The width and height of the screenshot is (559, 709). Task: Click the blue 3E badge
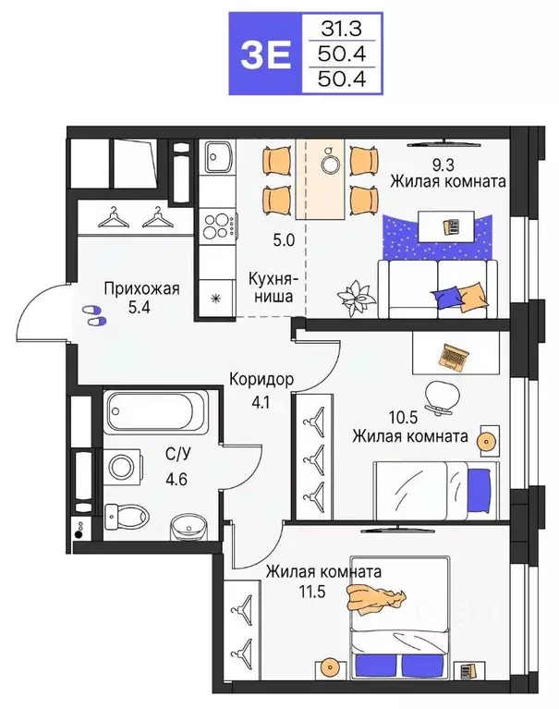click(x=265, y=54)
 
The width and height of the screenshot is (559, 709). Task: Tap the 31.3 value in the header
click(x=336, y=29)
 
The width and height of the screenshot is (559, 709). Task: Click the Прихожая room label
click(x=140, y=287)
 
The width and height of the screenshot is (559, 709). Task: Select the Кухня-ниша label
click(x=271, y=287)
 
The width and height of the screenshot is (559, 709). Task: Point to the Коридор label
click(x=261, y=380)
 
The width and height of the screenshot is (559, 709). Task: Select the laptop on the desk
click(x=455, y=354)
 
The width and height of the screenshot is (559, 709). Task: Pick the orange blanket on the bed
click(x=377, y=599)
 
